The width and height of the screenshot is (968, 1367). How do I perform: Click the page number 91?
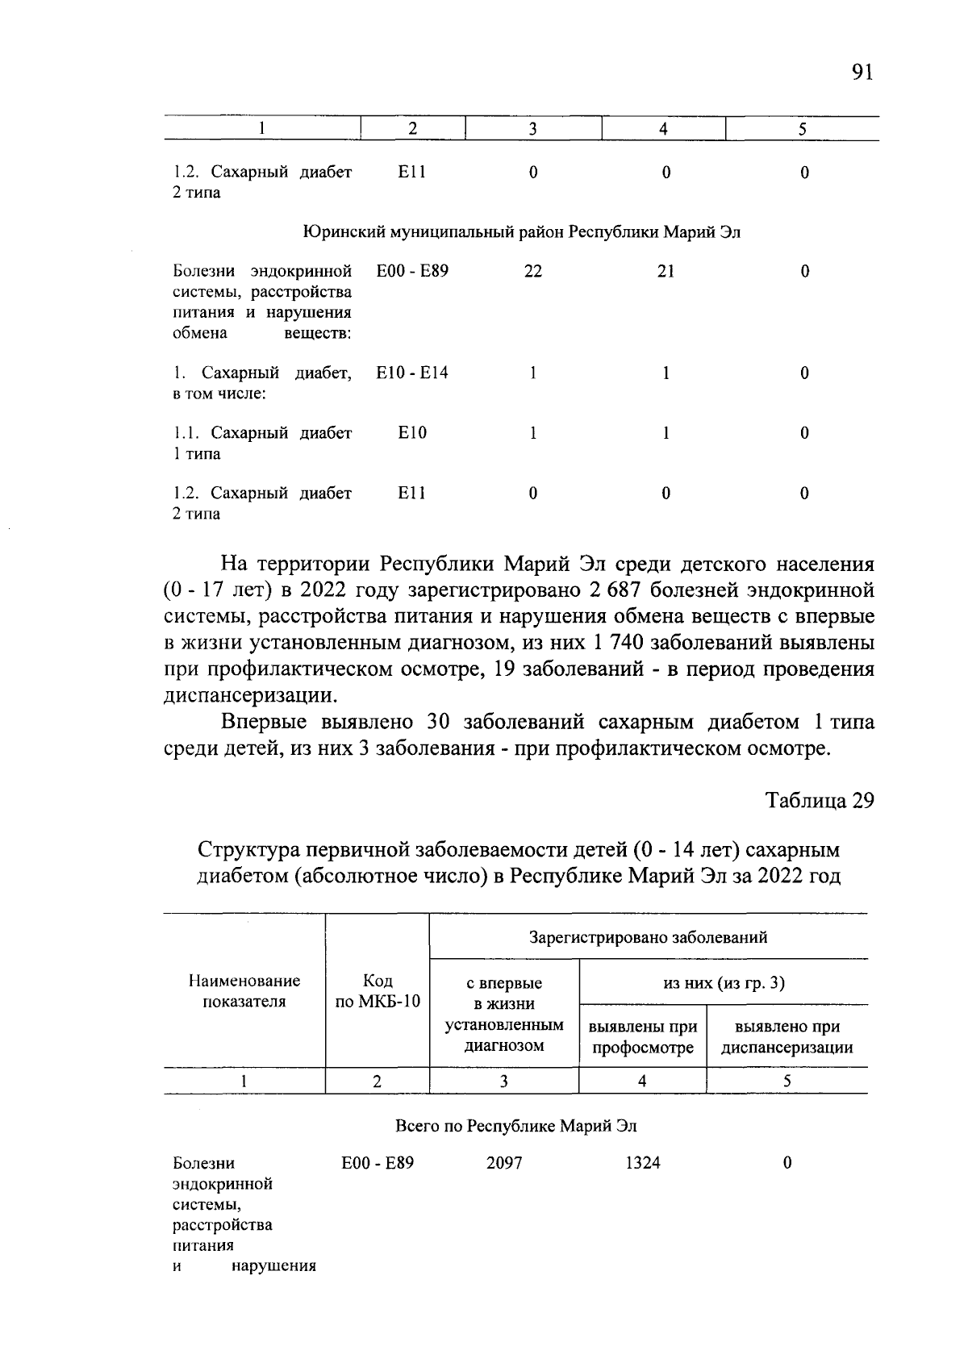[862, 73]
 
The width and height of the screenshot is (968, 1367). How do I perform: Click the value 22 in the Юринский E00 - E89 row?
[532, 272]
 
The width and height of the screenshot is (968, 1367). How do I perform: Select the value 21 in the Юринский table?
[665, 272]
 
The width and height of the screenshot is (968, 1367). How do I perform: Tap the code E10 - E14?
[412, 373]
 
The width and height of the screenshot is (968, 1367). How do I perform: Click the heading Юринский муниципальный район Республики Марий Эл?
[521, 232]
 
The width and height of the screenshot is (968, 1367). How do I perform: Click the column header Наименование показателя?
[244, 991]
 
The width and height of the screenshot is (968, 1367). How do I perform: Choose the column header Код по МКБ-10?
[377, 991]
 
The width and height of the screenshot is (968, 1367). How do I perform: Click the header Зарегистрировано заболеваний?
[648, 937]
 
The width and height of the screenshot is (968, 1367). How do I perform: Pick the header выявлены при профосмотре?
[642, 1037]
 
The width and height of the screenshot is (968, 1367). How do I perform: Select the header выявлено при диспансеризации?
[786, 1037]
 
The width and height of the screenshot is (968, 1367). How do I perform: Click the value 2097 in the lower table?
[504, 1163]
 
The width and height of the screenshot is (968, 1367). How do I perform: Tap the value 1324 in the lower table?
[642, 1163]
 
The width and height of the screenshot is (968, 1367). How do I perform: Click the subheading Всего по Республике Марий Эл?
[516, 1126]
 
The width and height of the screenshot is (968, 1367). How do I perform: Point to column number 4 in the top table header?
[663, 129]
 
